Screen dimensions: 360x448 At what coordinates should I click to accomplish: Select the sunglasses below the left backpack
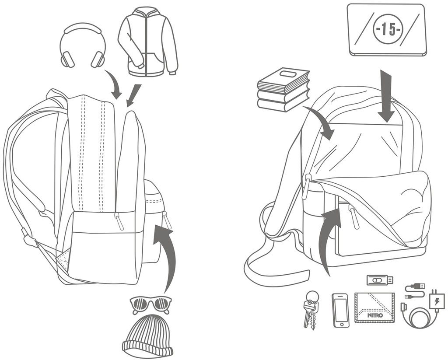tap(150, 303)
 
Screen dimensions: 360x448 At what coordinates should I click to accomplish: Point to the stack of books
tap(283, 90)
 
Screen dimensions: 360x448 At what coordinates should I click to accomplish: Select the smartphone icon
tap(341, 310)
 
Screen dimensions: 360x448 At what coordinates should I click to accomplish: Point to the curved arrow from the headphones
tap(115, 86)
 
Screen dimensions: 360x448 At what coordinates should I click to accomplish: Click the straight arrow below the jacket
tap(133, 94)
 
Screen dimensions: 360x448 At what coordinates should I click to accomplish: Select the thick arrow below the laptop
tap(386, 96)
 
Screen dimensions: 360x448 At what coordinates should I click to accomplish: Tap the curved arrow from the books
tap(321, 120)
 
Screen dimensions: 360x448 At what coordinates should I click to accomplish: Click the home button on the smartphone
tap(341, 324)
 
